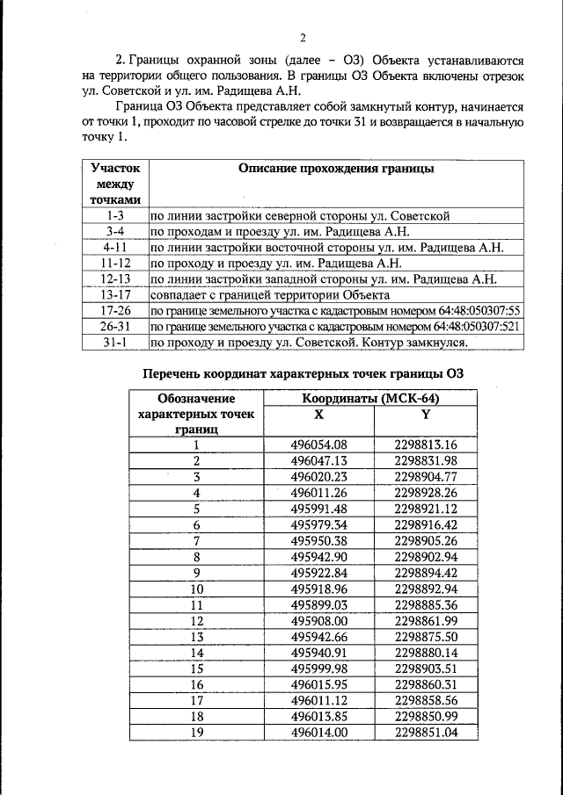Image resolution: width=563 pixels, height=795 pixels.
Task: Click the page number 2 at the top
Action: pos(303,37)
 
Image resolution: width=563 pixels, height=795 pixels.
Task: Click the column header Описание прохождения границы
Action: pos(337,169)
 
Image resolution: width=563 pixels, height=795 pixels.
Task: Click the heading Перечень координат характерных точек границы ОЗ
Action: pos(303,374)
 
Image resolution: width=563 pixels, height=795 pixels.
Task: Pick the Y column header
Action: pos(426,414)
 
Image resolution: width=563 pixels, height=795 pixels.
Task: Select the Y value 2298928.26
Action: pos(426,493)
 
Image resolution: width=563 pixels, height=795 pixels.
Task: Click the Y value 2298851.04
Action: pos(426,731)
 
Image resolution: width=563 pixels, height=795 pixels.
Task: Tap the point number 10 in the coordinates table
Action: pos(197,589)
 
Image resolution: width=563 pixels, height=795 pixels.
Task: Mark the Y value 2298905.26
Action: pos(426,540)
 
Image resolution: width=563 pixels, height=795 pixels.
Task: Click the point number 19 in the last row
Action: pos(197,731)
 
